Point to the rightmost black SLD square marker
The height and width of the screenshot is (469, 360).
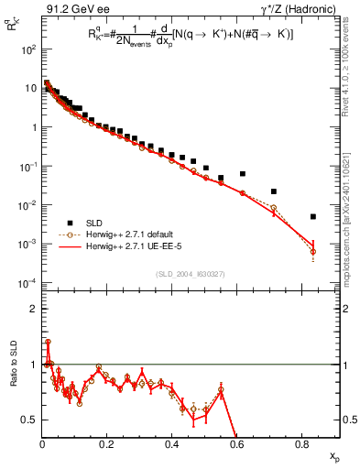click(313, 217)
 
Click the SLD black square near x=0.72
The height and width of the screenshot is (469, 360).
click(274, 191)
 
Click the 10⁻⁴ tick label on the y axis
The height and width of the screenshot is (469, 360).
click(27, 282)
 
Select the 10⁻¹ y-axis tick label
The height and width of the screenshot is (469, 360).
click(27, 167)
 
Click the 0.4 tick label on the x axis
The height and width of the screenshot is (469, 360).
click(172, 445)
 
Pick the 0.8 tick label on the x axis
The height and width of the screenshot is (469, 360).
click(303, 445)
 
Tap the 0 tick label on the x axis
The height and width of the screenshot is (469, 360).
click(42, 445)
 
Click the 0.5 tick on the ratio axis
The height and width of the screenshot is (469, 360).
click(28, 420)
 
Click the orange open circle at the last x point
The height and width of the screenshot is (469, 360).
click(313, 252)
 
